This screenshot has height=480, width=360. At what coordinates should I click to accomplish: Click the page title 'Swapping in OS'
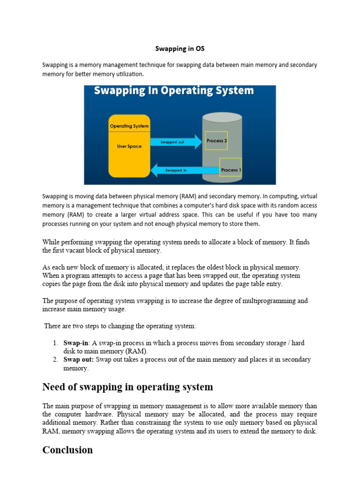click(x=180, y=48)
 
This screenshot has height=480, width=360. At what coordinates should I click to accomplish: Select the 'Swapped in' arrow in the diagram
click(x=176, y=170)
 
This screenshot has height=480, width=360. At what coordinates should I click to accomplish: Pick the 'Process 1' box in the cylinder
click(x=230, y=170)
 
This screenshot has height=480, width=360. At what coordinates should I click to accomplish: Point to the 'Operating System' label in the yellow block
click(x=129, y=126)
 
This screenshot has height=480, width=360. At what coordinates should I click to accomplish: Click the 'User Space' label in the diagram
click(x=129, y=146)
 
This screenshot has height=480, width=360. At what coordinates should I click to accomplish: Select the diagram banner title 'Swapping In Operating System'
click(x=174, y=90)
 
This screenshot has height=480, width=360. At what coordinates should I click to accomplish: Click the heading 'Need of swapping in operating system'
click(x=127, y=387)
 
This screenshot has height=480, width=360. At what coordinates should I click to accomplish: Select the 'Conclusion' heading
click(x=67, y=450)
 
